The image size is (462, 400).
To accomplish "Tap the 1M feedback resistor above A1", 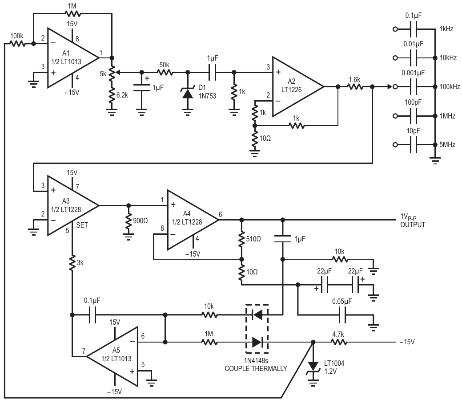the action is coord(72,13).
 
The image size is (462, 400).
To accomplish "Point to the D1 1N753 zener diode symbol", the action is coord(188,92).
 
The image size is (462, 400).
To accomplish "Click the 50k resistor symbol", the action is coord(165,72).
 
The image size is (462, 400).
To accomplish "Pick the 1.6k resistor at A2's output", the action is coord(355,87).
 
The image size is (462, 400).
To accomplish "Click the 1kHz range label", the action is coord(446,29).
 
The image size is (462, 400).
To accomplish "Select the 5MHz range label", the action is coord(447,145).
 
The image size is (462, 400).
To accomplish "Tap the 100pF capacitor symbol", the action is coord(414,116).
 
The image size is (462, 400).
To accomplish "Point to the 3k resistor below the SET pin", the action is coord(72,263).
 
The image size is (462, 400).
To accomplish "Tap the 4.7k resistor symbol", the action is coord(338,343).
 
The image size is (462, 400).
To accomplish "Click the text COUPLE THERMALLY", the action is coord(256,368).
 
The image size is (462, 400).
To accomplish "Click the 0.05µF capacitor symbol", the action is coord(342,315).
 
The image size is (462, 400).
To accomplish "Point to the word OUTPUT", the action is coord(413,224).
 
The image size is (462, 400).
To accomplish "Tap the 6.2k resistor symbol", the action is coord(112,95).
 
